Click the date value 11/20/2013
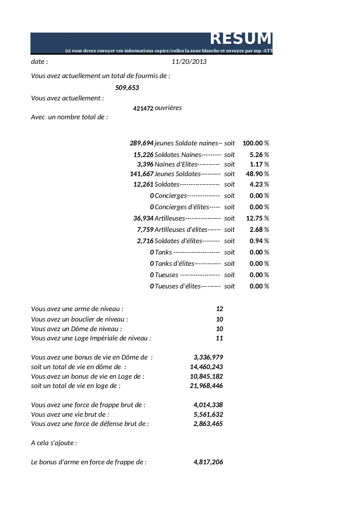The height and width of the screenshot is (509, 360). [x=189, y=62]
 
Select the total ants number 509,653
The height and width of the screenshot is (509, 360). [x=127, y=88]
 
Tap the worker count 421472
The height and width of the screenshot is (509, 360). [x=143, y=109]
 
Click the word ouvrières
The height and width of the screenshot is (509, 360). [x=168, y=108]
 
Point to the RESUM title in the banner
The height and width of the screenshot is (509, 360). [x=240, y=39]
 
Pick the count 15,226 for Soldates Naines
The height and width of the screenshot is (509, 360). [x=143, y=155]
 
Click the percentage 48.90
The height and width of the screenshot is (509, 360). [x=254, y=174]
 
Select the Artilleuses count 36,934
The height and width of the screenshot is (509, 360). [x=143, y=218]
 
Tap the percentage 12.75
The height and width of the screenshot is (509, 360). [x=254, y=218]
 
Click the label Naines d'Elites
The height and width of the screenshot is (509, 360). [x=176, y=164]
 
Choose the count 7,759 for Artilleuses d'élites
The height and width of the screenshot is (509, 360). [x=145, y=230]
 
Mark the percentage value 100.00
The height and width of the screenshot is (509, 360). [x=253, y=143]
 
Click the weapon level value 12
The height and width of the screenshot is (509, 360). [x=219, y=309]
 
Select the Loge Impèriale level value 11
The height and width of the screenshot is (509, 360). [x=219, y=338]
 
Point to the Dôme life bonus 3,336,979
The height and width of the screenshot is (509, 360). [x=208, y=357]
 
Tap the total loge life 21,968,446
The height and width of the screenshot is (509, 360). [x=206, y=386]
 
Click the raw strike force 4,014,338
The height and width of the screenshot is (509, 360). [x=208, y=405]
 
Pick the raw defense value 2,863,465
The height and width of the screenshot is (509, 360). [x=208, y=424]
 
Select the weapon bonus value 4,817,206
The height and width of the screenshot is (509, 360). [x=208, y=462]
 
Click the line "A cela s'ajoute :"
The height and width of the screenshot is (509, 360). [x=54, y=443]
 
